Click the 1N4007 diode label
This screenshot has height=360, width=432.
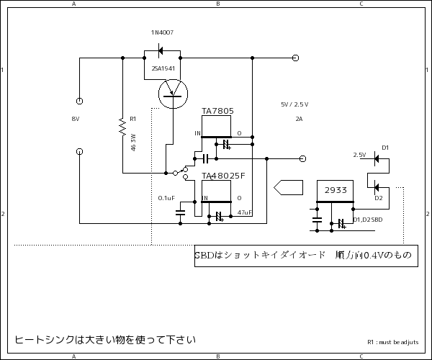coord(162,33)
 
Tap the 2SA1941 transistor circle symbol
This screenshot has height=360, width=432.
coord(172,92)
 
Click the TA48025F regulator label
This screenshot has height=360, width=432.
coord(223,176)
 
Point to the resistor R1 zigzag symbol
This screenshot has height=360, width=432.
coord(123,128)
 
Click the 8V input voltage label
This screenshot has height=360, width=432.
coord(76,118)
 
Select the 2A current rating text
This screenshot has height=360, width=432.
coord(299,119)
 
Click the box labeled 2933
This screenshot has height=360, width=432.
coord(335,191)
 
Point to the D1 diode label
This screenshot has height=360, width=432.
coord(385,148)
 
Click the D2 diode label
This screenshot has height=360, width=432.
coord(379,197)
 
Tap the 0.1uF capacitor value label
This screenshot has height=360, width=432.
coord(166,198)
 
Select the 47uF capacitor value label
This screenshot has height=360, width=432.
coord(245,213)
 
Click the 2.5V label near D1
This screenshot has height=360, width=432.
coord(359,155)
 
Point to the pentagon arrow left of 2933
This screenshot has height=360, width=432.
coord(288,187)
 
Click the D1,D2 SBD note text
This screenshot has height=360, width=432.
coord(367,220)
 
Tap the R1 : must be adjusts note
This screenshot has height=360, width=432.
coord(392,343)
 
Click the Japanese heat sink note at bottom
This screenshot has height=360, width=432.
coord(105,339)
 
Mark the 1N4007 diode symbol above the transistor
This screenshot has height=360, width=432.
coord(161,50)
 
